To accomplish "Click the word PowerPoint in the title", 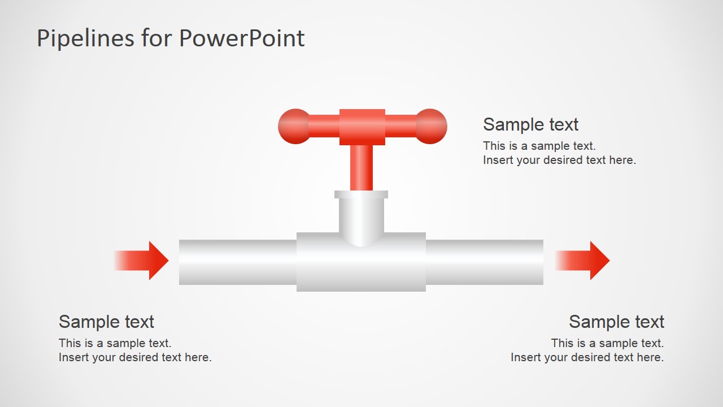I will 242,38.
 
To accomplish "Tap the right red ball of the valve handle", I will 432,126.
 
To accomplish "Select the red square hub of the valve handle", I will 362,127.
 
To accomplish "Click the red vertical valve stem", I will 361,167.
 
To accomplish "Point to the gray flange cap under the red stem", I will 361,194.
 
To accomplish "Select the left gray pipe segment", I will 237,262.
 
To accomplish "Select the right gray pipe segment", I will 484,262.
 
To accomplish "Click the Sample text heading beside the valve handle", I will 530,124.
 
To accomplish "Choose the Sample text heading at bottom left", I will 106,322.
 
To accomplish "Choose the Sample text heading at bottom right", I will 616,322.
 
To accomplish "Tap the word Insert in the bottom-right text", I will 525,357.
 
